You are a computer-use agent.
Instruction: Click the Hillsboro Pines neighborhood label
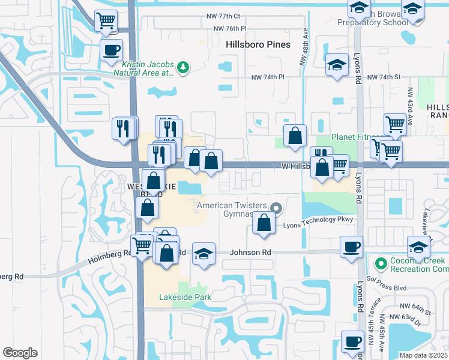point(258,44)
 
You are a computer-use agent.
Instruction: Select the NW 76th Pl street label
point(231,29)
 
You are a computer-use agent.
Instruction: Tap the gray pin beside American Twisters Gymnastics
point(276,208)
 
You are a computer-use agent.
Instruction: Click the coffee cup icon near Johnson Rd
point(351,247)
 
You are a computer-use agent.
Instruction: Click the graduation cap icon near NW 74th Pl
point(337,65)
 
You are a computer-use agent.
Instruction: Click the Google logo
point(20,352)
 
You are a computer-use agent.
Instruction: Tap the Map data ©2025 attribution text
point(423,355)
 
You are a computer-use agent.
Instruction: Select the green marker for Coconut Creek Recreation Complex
point(380,263)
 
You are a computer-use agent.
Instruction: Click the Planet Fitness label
point(357,137)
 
